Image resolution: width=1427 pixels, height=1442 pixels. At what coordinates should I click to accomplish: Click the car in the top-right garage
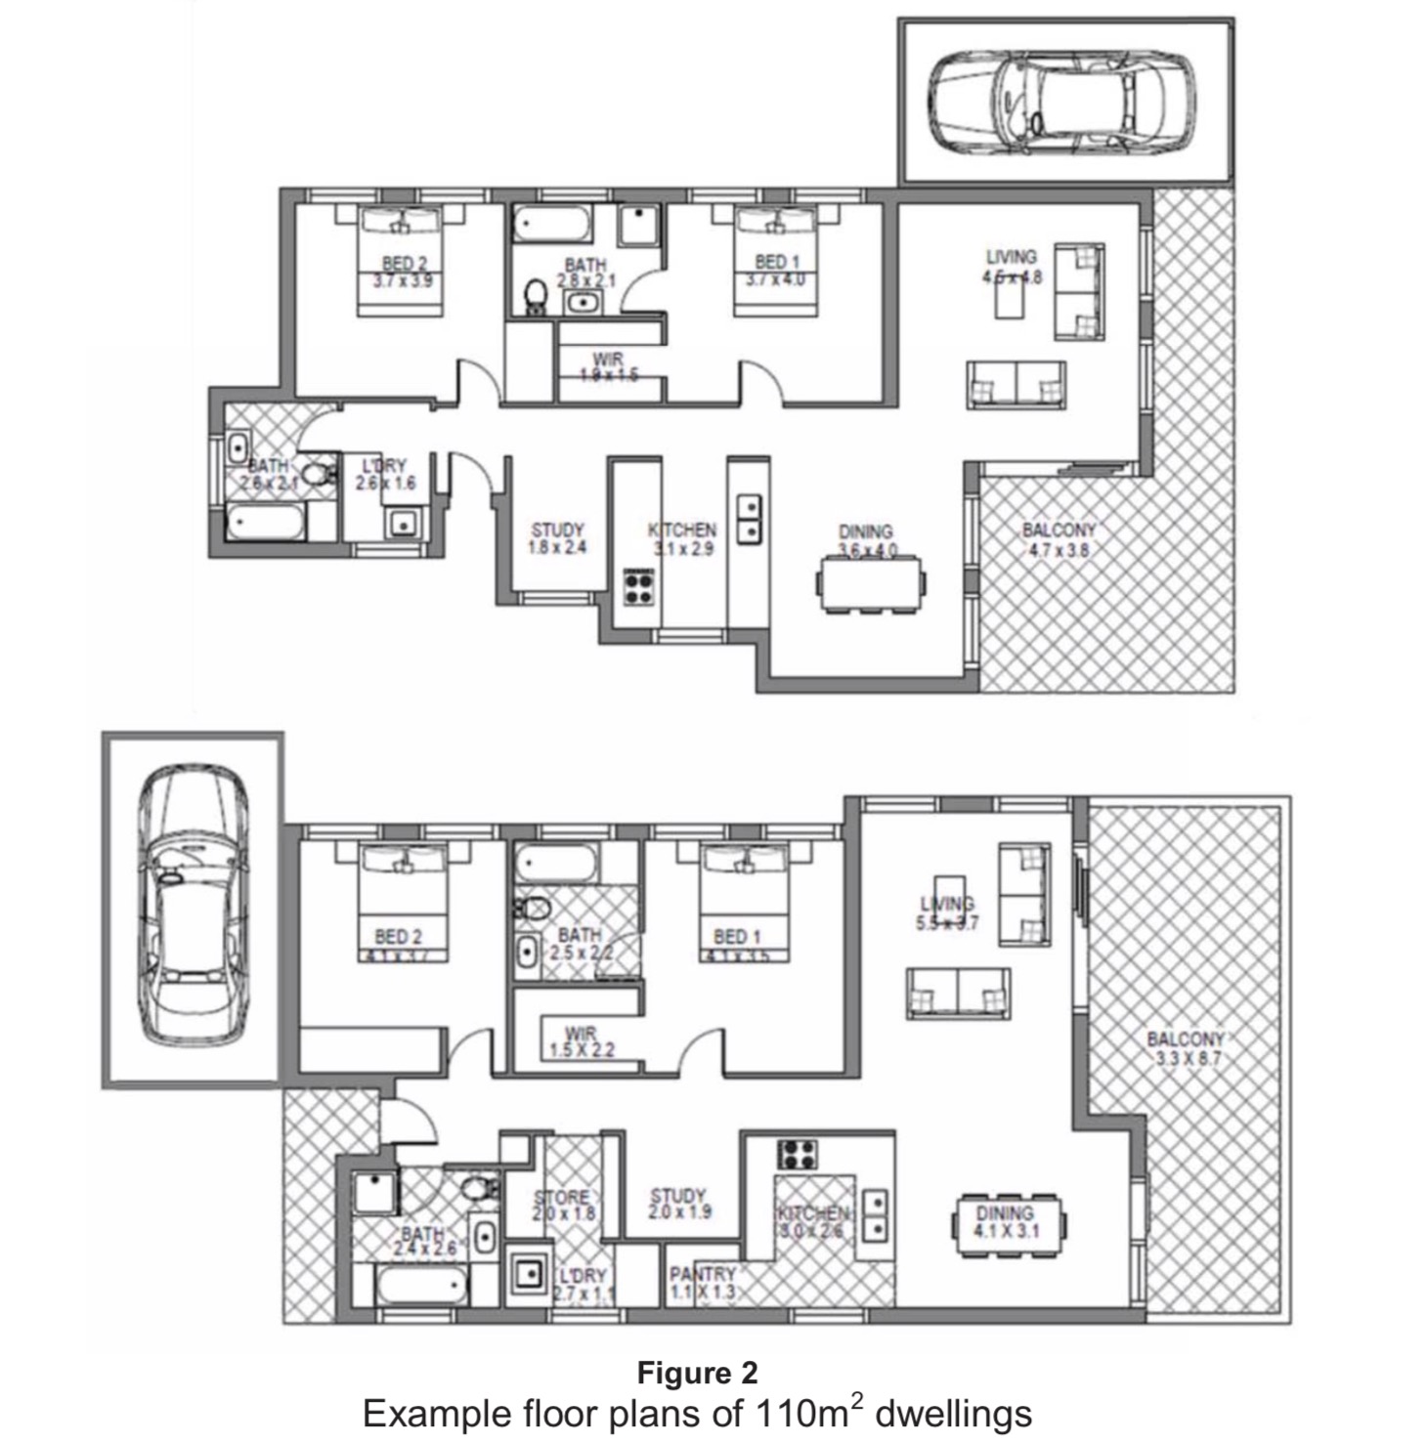point(1059,102)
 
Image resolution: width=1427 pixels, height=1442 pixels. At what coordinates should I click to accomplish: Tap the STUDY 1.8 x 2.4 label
point(557,539)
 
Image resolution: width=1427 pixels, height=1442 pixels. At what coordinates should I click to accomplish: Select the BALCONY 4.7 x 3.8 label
point(1058,540)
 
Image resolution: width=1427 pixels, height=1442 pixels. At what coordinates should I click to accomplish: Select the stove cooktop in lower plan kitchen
point(798,1154)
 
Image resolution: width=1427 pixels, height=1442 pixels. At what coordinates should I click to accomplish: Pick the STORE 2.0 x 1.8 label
point(561,1205)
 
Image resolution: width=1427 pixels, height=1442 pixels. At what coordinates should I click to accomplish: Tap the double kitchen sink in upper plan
point(750,519)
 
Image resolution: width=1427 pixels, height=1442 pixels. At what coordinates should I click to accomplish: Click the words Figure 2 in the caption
point(697,1373)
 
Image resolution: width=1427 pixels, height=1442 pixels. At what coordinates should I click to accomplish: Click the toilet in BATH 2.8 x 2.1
point(535,295)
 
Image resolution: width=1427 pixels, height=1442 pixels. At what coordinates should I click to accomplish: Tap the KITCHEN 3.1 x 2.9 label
point(682,539)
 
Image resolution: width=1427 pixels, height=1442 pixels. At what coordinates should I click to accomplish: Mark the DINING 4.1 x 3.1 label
point(1005,1222)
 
